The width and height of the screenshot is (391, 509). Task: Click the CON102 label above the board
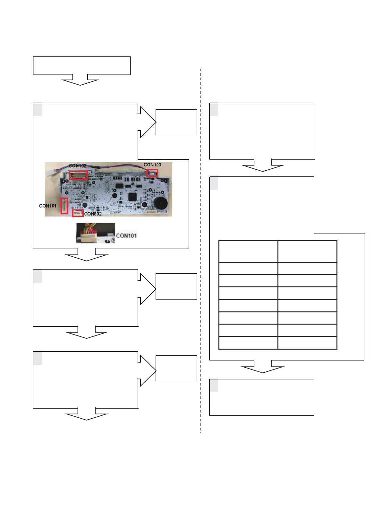[x=78, y=166]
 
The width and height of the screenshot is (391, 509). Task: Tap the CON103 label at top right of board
[x=152, y=165]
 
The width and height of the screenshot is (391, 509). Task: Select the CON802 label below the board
[x=93, y=214]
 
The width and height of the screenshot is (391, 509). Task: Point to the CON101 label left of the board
[x=47, y=206]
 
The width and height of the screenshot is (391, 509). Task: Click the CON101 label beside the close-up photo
[x=126, y=236]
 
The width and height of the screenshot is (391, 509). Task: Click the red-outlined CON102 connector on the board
[x=79, y=175]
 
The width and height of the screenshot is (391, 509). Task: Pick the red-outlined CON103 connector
[x=152, y=173]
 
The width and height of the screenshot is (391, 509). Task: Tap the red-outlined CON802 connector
[x=78, y=213]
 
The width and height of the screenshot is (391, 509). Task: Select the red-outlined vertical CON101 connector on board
[x=64, y=206]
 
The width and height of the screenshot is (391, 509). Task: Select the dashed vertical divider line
[x=201, y=250]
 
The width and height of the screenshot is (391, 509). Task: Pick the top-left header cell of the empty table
[x=248, y=251]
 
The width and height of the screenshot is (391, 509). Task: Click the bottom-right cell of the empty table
[x=307, y=343]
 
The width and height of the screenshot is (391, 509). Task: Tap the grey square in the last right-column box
[x=214, y=386]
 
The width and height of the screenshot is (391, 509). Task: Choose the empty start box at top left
[x=82, y=66]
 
